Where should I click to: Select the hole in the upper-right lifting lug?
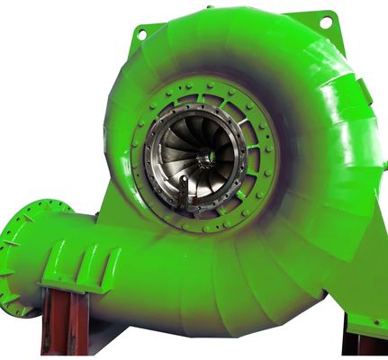(x=326, y=20)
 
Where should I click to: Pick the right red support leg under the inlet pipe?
(x=80, y=324)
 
